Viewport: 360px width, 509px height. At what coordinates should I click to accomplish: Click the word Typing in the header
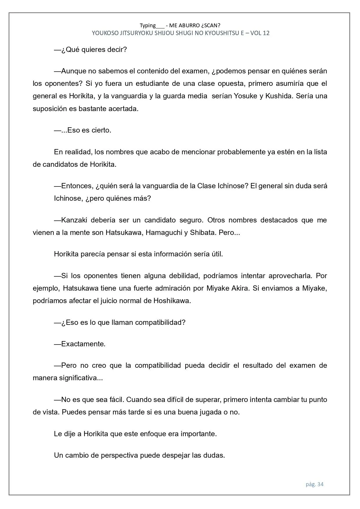click(x=148, y=25)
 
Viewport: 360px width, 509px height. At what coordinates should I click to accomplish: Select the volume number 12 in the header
click(x=266, y=33)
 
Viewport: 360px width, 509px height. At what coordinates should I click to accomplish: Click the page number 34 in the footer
click(x=320, y=484)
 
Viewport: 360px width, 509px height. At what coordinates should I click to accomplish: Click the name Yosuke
click(x=245, y=96)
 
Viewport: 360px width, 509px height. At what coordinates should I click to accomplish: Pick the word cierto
click(x=101, y=130)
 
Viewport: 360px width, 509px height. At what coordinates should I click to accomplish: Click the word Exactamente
click(x=83, y=344)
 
